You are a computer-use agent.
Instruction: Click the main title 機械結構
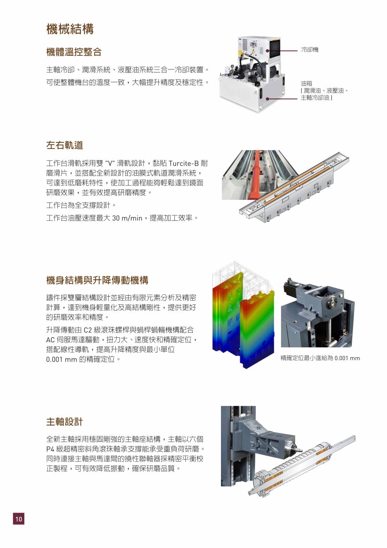[x=70, y=29]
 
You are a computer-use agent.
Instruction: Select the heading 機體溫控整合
[x=74, y=52]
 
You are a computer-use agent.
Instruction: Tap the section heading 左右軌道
[x=65, y=145]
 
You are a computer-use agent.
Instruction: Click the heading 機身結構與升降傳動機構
[x=97, y=280]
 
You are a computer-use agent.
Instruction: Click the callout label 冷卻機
[x=310, y=50]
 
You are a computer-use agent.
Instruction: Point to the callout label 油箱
[x=307, y=83]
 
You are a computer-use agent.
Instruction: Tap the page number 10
[x=19, y=519]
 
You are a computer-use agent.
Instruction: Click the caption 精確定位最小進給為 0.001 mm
[x=320, y=358]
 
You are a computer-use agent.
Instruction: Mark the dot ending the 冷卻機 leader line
[x=268, y=51]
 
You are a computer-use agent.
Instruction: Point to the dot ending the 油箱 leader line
[x=267, y=99]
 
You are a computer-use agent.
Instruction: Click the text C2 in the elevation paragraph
[x=87, y=330]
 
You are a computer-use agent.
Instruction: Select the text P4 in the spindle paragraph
[x=50, y=449]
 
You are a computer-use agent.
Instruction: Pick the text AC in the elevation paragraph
[x=50, y=340]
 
